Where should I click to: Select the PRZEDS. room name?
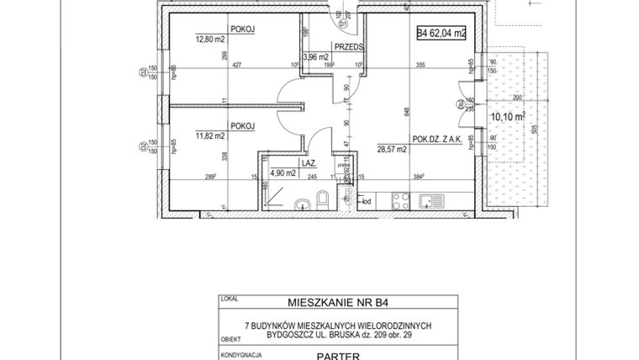click(347, 48)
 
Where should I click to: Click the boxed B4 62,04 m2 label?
click(441, 34)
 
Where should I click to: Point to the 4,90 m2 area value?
click(283, 174)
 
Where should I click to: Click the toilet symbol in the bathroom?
click(321, 201)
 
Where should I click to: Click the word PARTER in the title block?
click(339, 355)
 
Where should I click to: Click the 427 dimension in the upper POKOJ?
click(236, 65)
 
